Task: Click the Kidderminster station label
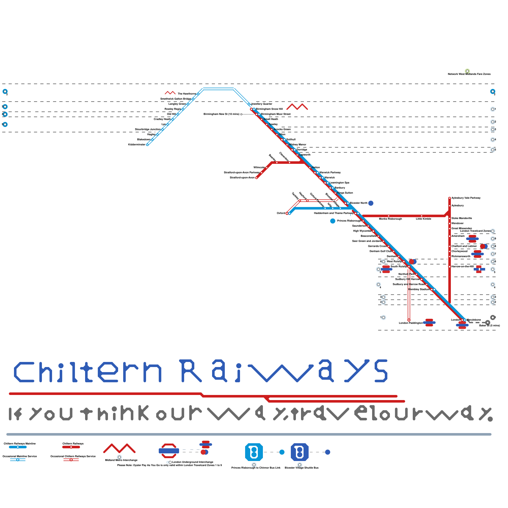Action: tap(137, 145)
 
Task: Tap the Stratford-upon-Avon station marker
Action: tap(257, 178)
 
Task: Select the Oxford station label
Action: tap(281, 213)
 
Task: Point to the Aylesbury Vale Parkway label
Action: tap(466, 198)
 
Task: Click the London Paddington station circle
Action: tap(409, 320)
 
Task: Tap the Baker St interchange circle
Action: tap(488, 323)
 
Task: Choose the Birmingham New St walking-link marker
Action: tap(241, 114)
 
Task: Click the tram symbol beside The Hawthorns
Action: tap(170, 93)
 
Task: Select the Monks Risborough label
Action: tap(390, 219)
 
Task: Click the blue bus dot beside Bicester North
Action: tap(371, 203)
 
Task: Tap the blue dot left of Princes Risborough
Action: tap(333, 221)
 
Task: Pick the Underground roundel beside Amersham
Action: tap(472, 239)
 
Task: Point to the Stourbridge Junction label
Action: tap(148, 130)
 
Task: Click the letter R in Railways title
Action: tap(191, 371)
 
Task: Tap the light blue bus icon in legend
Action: tap(254, 452)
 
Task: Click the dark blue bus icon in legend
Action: tap(300, 452)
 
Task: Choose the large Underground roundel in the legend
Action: tap(169, 451)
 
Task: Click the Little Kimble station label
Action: tap(423, 219)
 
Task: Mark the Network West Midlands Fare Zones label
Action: tap(469, 74)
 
